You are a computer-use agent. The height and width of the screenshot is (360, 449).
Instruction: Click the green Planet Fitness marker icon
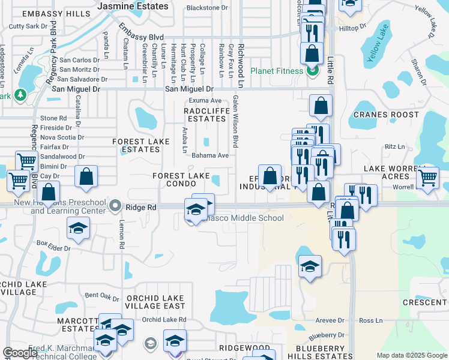tap(312, 71)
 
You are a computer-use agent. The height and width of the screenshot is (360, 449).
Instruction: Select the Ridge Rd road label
tap(141, 206)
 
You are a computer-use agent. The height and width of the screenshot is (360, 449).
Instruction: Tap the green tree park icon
tap(20, 95)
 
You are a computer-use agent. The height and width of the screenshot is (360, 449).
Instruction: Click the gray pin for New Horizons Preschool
tap(116, 206)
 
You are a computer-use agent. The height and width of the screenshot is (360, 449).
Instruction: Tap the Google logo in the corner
tap(20, 353)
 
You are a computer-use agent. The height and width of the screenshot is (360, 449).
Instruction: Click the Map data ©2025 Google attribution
tap(411, 355)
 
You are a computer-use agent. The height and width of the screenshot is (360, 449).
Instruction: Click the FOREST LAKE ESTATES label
tap(136, 145)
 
